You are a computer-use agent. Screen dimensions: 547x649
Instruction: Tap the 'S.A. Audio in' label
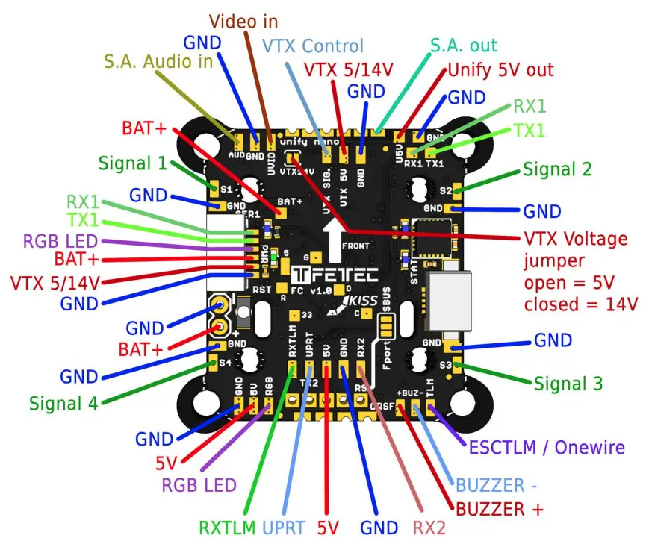pyautogui.click(x=158, y=62)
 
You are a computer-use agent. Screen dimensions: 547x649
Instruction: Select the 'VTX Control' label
pyautogui.click(x=313, y=46)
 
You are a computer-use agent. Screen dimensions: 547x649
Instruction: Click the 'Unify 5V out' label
pyautogui.click(x=500, y=70)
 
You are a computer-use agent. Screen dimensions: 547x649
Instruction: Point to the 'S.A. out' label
pyautogui.click(x=463, y=46)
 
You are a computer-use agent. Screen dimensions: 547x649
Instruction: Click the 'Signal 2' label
pyautogui.click(x=557, y=169)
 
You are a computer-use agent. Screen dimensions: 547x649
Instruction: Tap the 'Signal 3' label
pyautogui.click(x=568, y=384)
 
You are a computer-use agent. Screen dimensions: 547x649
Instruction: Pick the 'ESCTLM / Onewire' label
pyautogui.click(x=546, y=447)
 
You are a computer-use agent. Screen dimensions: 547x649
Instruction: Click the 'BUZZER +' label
pyautogui.click(x=499, y=510)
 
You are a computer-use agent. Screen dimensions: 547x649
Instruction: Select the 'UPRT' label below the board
pyautogui.click(x=283, y=528)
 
